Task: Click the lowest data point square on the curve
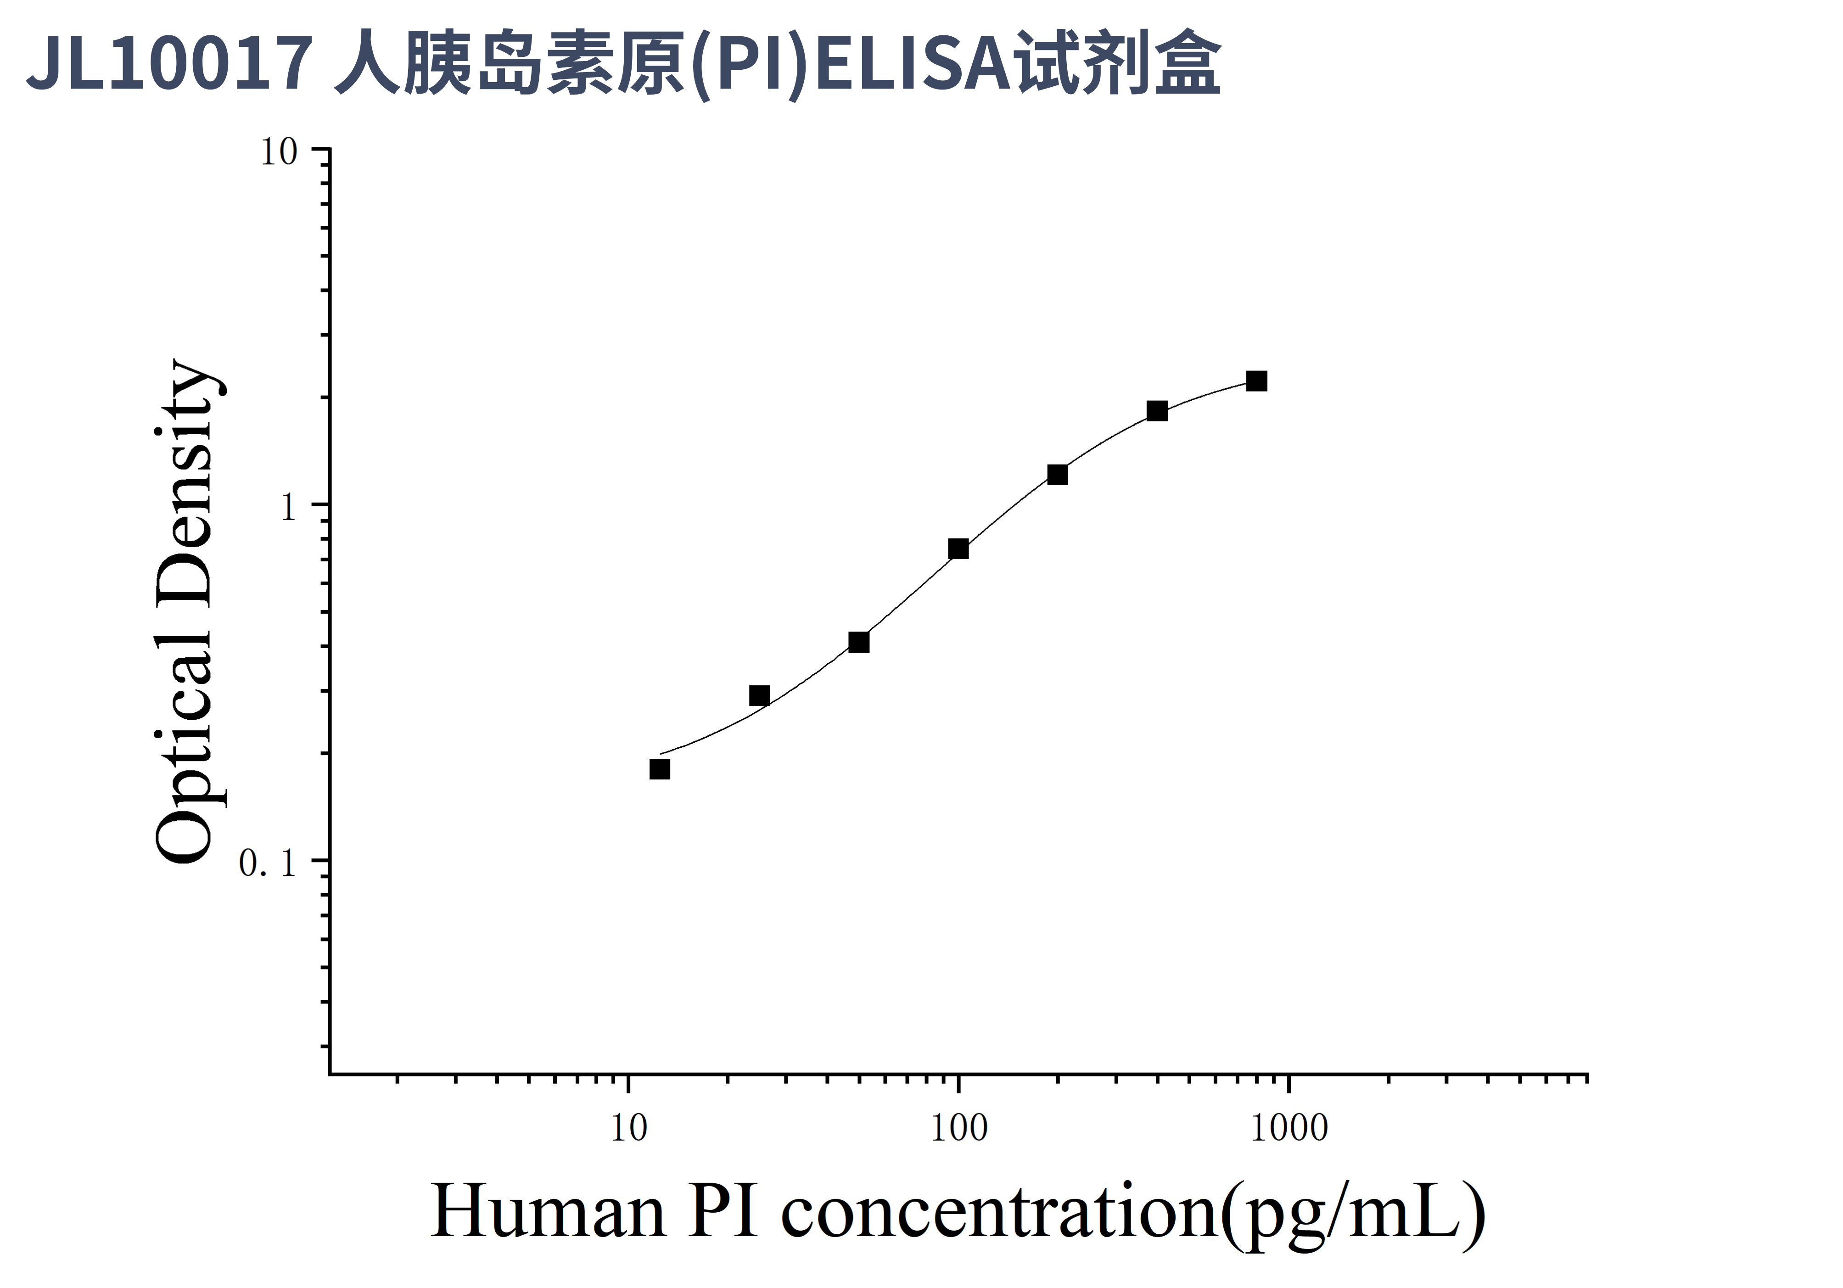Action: [659, 769]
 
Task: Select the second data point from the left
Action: [759, 695]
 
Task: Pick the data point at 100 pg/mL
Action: [958, 549]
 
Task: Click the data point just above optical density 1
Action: [1058, 474]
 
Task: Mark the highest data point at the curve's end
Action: [1257, 381]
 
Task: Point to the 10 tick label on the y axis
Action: [279, 151]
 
